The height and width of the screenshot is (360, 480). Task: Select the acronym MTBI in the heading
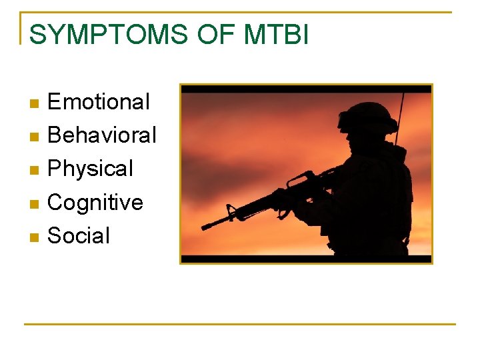[x=276, y=34]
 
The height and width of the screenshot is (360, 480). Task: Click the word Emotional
[x=99, y=102]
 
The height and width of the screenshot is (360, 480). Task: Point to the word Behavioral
[x=102, y=135]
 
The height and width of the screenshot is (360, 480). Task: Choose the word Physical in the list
[x=91, y=169]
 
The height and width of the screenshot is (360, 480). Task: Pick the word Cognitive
[x=95, y=202]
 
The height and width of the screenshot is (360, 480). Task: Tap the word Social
[x=79, y=235]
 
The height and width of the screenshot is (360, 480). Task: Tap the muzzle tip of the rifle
[x=204, y=227]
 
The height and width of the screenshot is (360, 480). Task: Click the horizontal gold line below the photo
[x=240, y=324]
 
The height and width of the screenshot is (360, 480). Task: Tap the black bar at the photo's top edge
[x=306, y=89]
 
